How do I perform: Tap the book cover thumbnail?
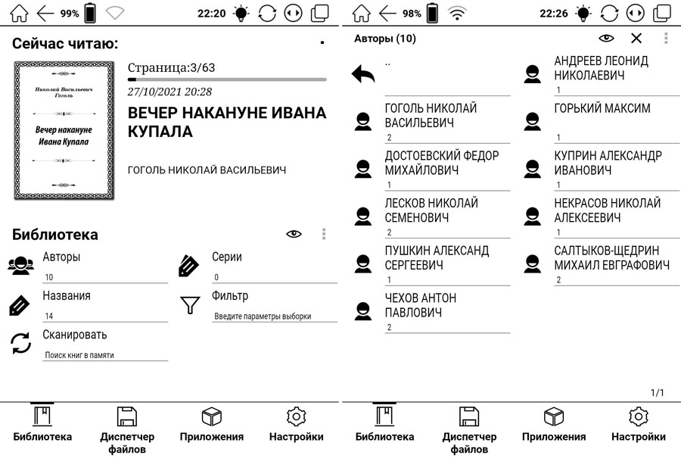click(64, 131)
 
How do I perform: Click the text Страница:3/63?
click(171, 67)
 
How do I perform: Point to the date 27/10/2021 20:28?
click(169, 92)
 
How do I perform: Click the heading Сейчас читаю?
click(65, 44)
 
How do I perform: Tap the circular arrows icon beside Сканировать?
click(20, 344)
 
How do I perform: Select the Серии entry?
click(227, 257)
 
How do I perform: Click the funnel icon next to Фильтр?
click(188, 305)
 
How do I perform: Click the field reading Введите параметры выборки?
click(263, 316)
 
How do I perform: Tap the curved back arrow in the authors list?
click(363, 74)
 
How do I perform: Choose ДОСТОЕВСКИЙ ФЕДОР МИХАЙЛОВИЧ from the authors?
click(442, 163)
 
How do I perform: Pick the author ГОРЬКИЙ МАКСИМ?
click(602, 109)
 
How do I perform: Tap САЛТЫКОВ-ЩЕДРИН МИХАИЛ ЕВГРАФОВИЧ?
click(611, 257)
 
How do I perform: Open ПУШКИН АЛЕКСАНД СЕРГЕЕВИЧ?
click(437, 257)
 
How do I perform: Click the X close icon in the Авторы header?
click(636, 39)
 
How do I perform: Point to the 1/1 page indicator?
click(657, 392)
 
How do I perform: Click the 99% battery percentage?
click(70, 14)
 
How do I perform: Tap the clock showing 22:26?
click(554, 14)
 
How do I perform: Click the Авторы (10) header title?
click(385, 39)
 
